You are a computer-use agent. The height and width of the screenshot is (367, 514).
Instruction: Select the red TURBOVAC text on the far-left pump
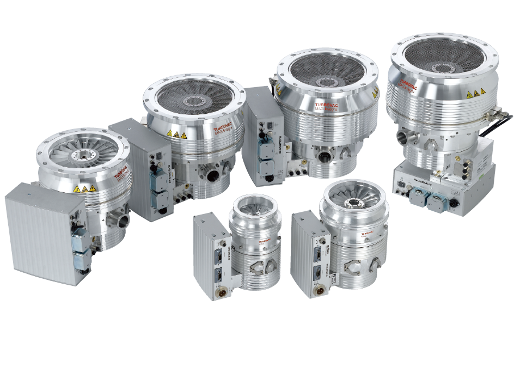[120, 173]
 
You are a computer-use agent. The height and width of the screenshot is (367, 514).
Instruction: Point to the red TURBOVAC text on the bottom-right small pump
[366, 230]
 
